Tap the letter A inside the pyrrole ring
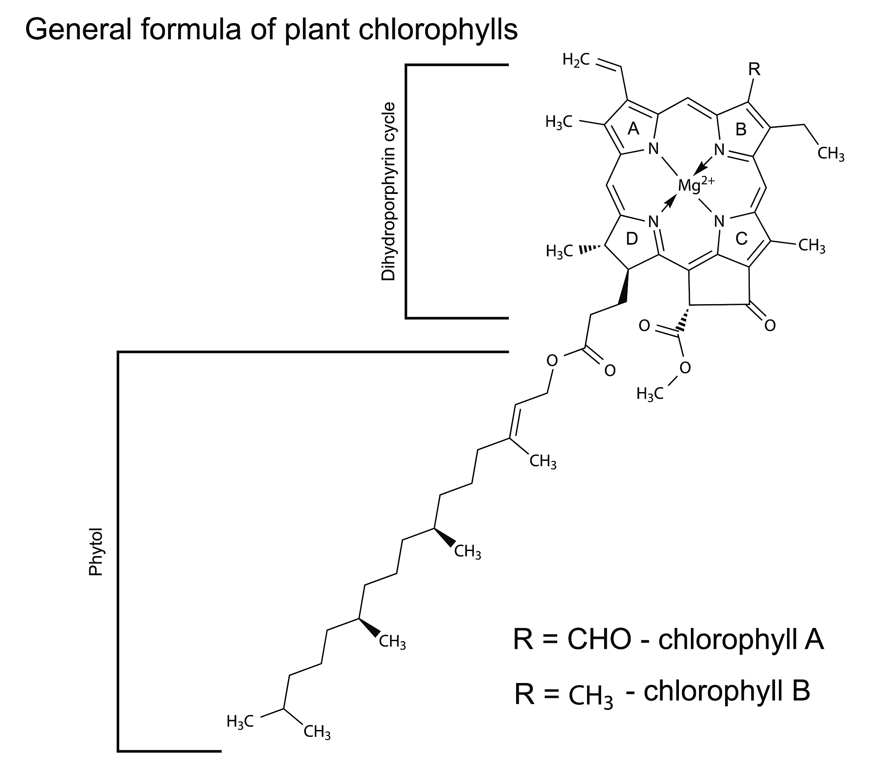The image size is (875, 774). (x=633, y=129)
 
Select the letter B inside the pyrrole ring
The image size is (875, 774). (x=741, y=129)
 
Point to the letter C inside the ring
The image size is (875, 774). (x=741, y=239)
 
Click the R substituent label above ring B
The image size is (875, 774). (x=754, y=69)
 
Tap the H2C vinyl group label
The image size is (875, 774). (x=576, y=60)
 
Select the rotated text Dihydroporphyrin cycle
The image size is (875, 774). (x=388, y=191)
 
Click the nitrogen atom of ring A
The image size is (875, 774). (x=653, y=149)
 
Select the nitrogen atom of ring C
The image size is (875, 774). (x=719, y=222)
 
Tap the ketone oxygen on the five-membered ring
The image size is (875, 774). (x=770, y=326)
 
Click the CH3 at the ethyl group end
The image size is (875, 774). (x=831, y=154)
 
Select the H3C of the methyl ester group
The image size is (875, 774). (x=650, y=393)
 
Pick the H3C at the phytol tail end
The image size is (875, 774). (x=241, y=722)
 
